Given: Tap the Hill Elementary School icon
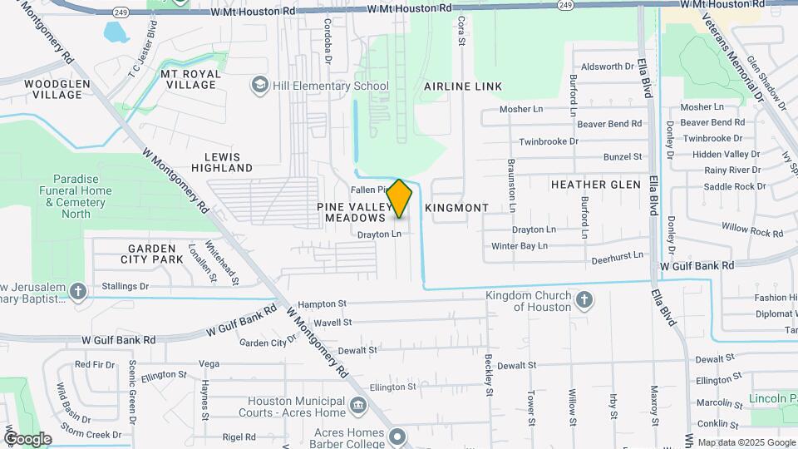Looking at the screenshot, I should click(x=260, y=86).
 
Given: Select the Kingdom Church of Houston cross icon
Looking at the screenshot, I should click(x=584, y=300).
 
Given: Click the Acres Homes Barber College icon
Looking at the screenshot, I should click(x=397, y=435).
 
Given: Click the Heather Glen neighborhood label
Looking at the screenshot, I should click(x=595, y=185).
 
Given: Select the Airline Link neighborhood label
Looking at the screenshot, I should click(x=463, y=86).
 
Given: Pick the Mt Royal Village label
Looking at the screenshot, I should click(x=190, y=79).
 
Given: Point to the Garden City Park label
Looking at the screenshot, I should click(x=151, y=254).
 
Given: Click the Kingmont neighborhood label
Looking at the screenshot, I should click(x=456, y=207).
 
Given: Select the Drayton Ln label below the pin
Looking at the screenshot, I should click(x=379, y=234).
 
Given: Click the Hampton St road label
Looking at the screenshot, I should click(x=322, y=305).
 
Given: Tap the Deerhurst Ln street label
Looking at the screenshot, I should click(x=618, y=259).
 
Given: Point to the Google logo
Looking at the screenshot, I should click(x=27, y=439).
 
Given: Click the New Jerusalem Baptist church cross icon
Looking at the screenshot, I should click(x=78, y=291).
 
